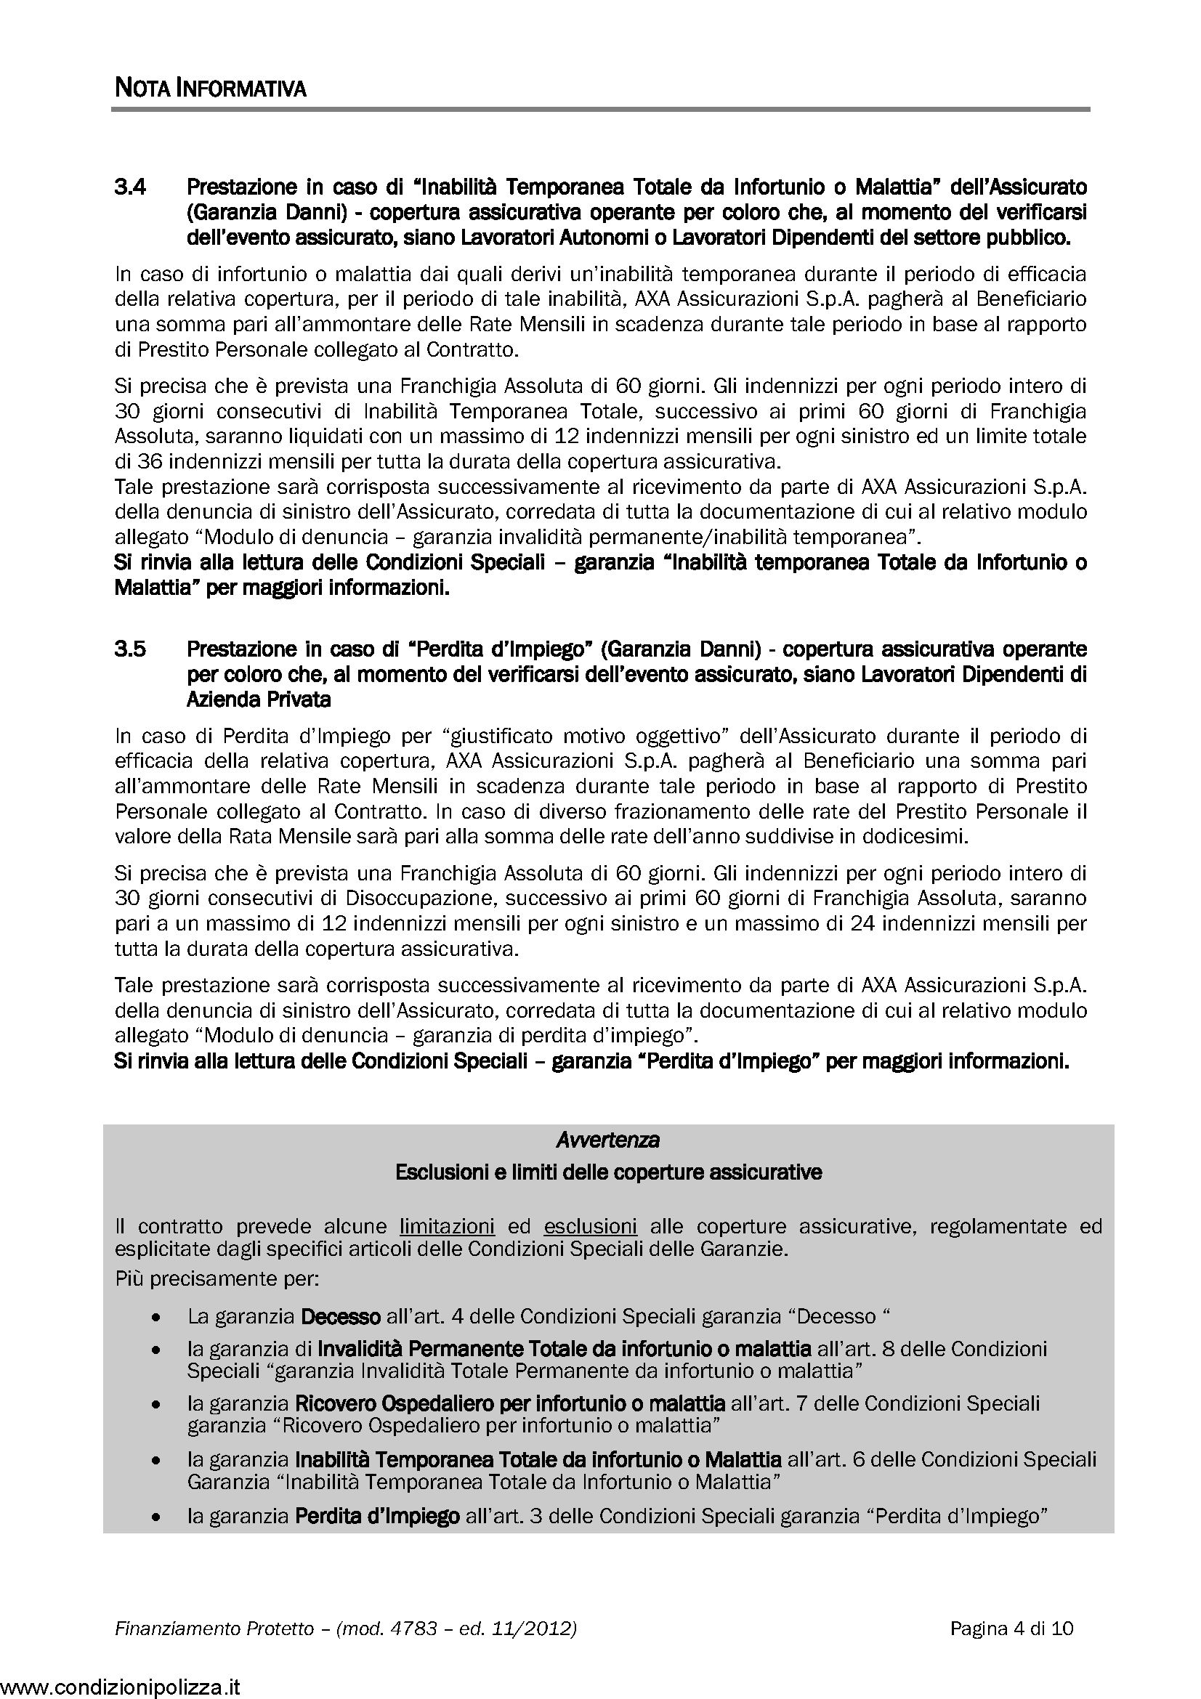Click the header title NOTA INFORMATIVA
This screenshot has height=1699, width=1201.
(210, 89)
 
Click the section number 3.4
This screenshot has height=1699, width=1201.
(130, 187)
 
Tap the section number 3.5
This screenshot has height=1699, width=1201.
(130, 649)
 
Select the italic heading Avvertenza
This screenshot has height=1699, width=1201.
(607, 1140)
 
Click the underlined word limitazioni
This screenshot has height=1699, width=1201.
(447, 1226)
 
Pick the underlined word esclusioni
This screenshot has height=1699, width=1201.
(590, 1226)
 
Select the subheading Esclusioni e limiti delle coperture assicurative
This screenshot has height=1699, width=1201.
(608, 1172)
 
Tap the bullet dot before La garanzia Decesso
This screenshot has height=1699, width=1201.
(155, 1318)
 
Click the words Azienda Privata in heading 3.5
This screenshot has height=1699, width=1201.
(258, 700)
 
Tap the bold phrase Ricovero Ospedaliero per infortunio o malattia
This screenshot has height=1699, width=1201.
(510, 1403)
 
